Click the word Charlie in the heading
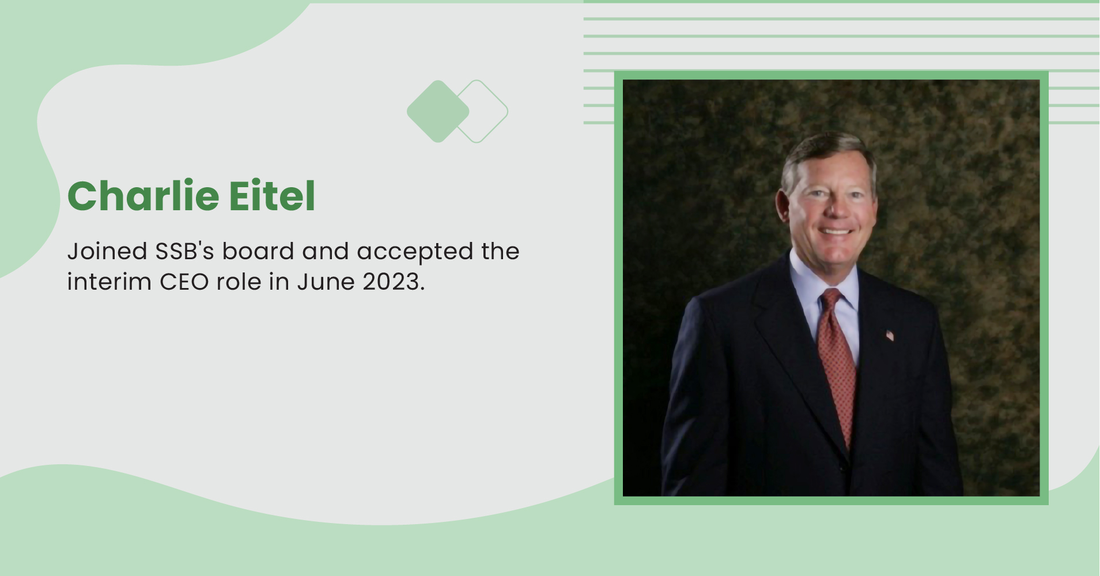pyautogui.click(x=143, y=196)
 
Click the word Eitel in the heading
pyautogui.click(x=272, y=196)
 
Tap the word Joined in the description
pyautogui.click(x=107, y=252)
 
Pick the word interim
pyautogui.click(x=109, y=282)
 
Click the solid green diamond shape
pyautogui.click(x=438, y=111)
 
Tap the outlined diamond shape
pyautogui.click(x=490, y=111)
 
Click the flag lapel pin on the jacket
pyautogui.click(x=890, y=335)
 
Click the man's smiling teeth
pyautogui.click(x=836, y=232)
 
